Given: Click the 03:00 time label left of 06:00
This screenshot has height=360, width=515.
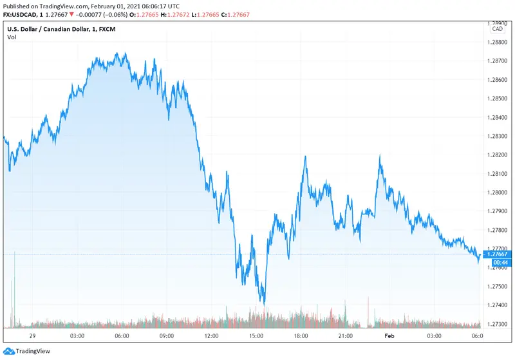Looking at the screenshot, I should pyautogui.click(x=77, y=336).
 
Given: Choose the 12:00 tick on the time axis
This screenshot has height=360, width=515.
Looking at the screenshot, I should pyautogui.click(x=211, y=336).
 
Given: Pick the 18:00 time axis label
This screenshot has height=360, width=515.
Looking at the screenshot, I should pyautogui.click(x=301, y=336).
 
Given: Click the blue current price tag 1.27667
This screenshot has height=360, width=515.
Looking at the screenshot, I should pyautogui.click(x=499, y=254).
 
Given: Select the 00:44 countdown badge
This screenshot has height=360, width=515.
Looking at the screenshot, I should pyautogui.click(x=499, y=263).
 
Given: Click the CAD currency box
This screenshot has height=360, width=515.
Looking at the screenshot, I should pyautogui.click(x=498, y=29).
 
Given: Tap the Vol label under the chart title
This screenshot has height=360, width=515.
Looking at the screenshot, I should pyautogui.click(x=12, y=37).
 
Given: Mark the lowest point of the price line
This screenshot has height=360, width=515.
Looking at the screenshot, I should pyautogui.click(x=264, y=303).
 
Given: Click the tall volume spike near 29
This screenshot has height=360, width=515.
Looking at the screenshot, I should pyautogui.click(x=14, y=290).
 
